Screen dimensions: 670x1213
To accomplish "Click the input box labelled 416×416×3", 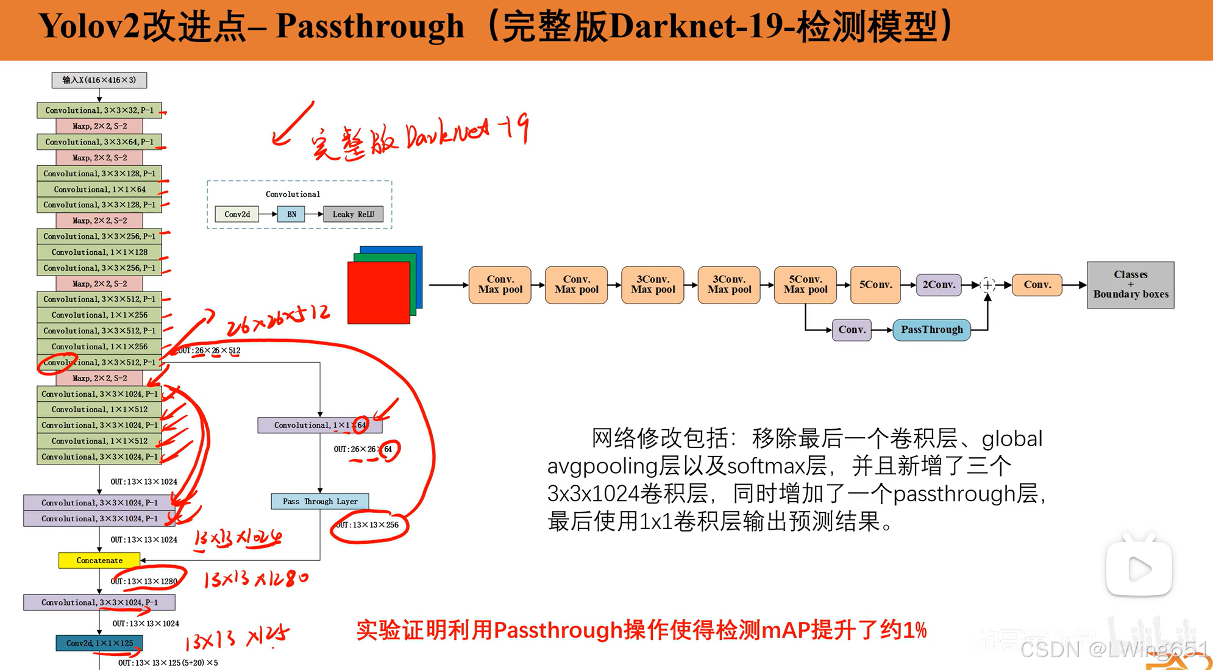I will pos(99,80).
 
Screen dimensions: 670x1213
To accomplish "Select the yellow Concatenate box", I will pos(99,560).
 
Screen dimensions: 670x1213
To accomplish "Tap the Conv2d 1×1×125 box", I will pos(99,643).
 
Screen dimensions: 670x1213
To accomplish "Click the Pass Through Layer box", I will pos(320,501).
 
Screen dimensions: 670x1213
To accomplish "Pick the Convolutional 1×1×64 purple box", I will pos(319,425).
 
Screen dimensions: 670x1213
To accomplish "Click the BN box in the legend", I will pos(291,214).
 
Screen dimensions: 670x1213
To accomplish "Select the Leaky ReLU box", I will pos(354,214).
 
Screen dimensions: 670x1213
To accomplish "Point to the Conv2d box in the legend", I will pos(237,214).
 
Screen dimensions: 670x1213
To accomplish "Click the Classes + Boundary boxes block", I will pos(1130,285).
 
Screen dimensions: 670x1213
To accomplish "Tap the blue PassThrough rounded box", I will pos(931,330).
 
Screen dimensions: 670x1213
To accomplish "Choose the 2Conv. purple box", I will pos(939,285).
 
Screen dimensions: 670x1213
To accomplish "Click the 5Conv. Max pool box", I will pos(805,285).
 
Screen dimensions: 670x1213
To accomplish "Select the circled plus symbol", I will pos(987,285).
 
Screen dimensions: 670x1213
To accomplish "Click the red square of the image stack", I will pos(378,293).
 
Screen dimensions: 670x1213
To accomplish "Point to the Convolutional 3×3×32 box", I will pos(99,110).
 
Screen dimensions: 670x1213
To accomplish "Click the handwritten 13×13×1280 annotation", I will pos(256,578).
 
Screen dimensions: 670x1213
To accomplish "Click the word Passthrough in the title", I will pos(370,26).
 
